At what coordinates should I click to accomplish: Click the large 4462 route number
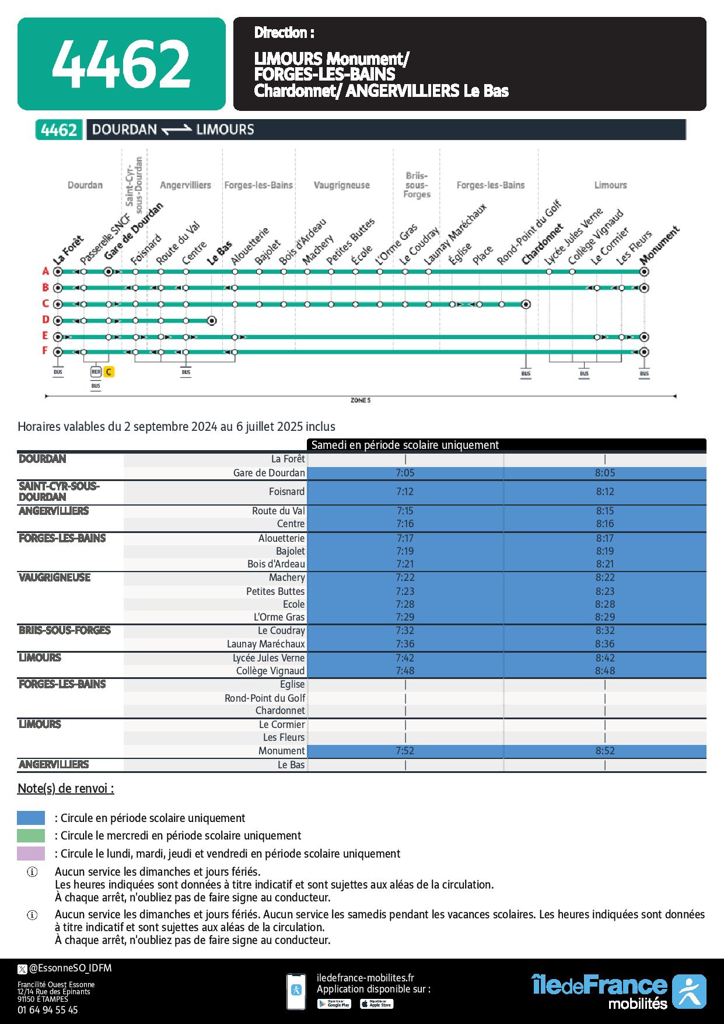[x=121, y=64]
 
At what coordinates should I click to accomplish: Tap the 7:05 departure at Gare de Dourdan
[x=405, y=473]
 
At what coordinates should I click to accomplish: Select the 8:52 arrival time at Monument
[x=605, y=751]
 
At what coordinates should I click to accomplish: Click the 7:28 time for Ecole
[x=405, y=604]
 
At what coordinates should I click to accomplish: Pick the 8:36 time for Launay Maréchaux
[x=605, y=644]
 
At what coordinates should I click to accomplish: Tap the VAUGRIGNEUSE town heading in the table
[x=54, y=577]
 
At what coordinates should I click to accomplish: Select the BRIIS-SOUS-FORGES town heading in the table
[x=64, y=631]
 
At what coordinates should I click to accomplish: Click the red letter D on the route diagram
[x=45, y=319]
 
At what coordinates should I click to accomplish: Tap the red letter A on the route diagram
[x=45, y=271]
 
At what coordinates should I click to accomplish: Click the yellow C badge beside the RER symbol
[x=109, y=372]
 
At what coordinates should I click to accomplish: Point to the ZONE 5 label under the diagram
[x=360, y=400]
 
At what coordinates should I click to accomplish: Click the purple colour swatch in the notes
[x=31, y=853]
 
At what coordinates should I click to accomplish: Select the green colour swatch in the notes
[x=31, y=835]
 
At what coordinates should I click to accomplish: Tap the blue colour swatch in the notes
[x=31, y=817]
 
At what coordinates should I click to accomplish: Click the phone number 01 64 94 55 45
[x=47, y=1009]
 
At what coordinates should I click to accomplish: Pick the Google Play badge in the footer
[x=334, y=1004]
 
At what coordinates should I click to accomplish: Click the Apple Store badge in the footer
[x=376, y=1004]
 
